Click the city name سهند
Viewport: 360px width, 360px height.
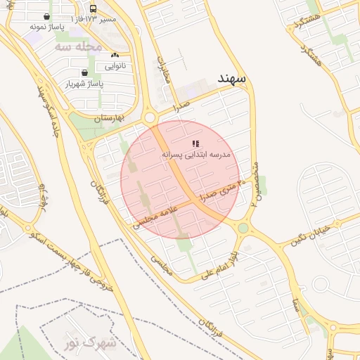[231, 77]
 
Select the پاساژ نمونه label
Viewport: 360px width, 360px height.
[47, 26]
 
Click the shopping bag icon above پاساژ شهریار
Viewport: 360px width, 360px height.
[84, 72]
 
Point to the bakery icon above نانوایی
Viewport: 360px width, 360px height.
[115, 55]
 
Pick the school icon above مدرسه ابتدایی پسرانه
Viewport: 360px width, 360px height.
[195, 143]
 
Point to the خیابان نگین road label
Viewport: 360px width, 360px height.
[310, 236]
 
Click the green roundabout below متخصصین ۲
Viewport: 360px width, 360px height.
[243, 228]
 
